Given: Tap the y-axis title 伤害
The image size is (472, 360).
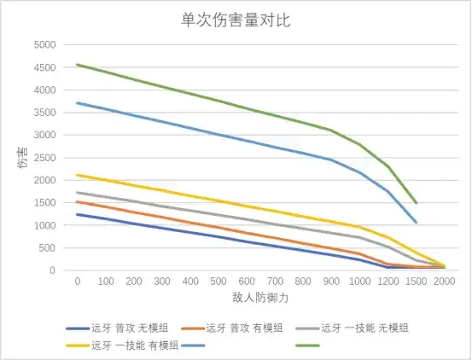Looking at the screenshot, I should [23, 157].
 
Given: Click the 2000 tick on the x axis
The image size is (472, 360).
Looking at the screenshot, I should [444, 282].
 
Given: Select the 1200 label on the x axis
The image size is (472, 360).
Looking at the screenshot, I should [388, 282].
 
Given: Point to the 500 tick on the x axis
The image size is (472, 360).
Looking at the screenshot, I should [218, 282].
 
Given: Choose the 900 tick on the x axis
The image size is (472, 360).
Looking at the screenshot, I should [331, 282].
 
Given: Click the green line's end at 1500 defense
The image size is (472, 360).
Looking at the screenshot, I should [416, 203].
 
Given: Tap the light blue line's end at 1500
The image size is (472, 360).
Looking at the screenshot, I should [416, 223].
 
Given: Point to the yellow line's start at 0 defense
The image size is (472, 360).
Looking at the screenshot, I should [78, 175].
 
